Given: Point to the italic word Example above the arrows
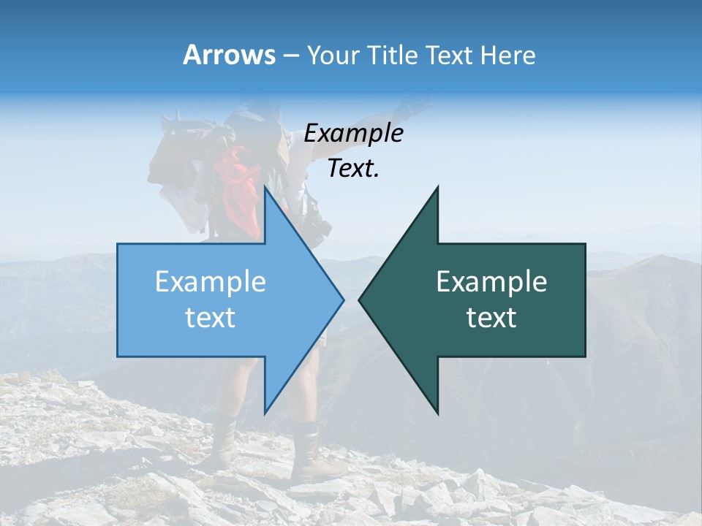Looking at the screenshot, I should (353, 134).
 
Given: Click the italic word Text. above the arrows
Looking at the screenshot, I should (353, 169).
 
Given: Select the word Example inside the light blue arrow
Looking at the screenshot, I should (211, 282).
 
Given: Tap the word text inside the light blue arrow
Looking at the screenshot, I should (211, 318).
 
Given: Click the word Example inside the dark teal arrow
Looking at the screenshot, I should (491, 282).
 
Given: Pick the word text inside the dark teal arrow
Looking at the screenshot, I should (491, 318).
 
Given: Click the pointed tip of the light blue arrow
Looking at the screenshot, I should (344, 300).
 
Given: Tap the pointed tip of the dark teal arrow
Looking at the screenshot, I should (358, 300).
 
